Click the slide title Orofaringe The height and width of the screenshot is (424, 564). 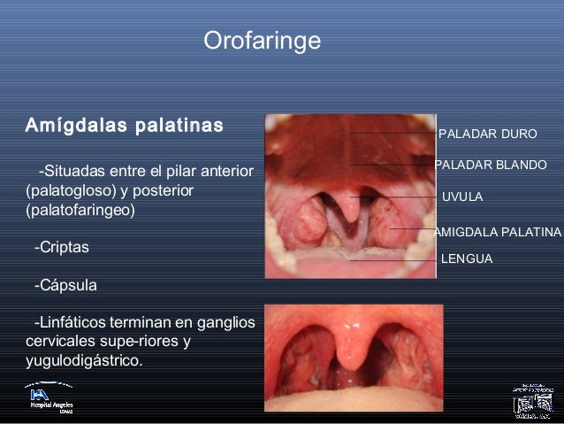click(262, 41)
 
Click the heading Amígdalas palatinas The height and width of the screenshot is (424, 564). click(124, 125)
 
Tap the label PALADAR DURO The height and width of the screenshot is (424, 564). click(487, 135)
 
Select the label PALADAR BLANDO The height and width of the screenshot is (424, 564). click(491, 166)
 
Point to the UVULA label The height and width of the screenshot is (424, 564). click(461, 197)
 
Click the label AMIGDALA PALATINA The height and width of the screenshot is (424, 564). click(498, 232)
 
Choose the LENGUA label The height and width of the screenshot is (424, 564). click(466, 259)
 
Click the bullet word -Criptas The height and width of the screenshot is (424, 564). click(61, 248)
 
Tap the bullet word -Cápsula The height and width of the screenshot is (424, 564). click(65, 286)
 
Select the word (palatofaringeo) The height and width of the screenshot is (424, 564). click(80, 211)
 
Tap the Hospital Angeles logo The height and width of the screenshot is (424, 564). click(50, 397)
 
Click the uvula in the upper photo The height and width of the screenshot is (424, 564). click(353, 208)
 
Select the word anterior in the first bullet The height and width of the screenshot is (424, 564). click(228, 170)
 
